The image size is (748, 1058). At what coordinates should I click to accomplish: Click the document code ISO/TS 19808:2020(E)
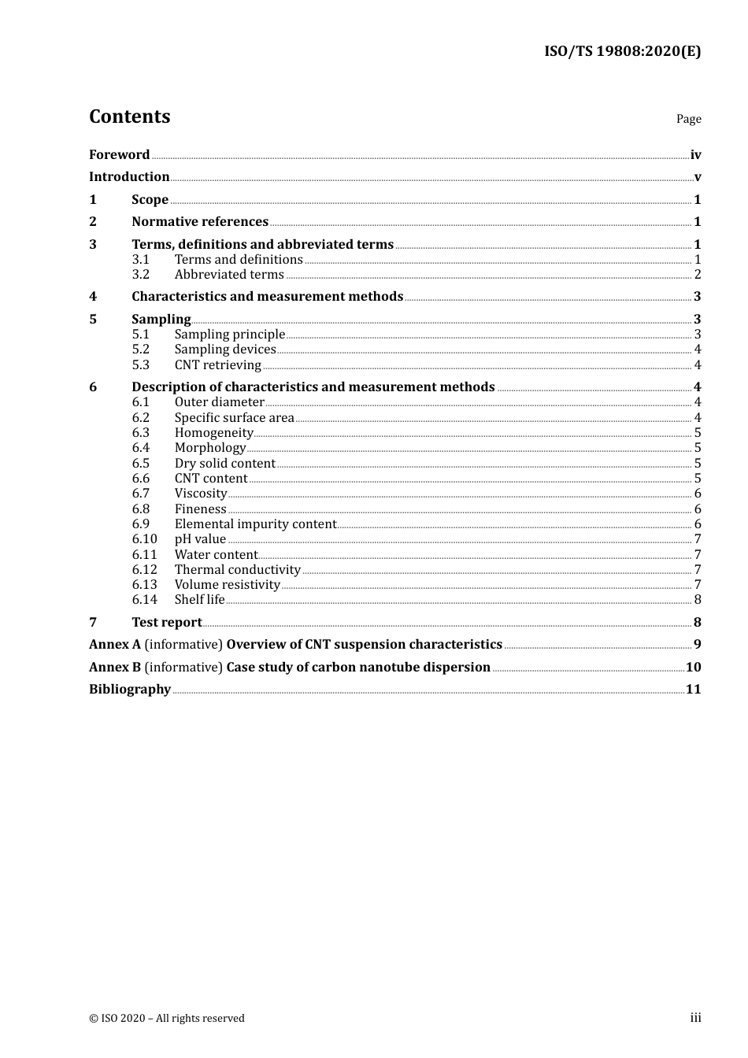[x=622, y=52]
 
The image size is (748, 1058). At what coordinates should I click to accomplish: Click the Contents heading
[x=129, y=117]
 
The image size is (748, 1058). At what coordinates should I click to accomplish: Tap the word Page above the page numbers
[x=688, y=119]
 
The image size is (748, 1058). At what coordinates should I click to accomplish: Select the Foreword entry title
[x=119, y=155]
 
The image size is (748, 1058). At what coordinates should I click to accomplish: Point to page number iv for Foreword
[x=695, y=155]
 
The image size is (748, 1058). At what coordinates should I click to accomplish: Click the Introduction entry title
[x=129, y=177]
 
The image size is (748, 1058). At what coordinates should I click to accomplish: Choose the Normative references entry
[x=200, y=222]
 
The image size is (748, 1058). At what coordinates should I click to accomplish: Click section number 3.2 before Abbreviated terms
[x=141, y=275]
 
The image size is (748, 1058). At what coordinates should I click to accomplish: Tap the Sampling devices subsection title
[x=225, y=350]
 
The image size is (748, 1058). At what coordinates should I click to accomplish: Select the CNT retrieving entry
[x=217, y=365]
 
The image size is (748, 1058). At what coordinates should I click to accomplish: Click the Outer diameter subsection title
[x=219, y=402]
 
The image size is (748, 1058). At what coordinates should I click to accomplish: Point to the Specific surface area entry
[x=234, y=418]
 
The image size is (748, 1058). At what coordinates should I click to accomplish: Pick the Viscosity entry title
[x=201, y=494]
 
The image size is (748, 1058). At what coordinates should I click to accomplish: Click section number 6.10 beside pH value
[x=144, y=539]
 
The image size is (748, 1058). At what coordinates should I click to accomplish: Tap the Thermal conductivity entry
[x=237, y=570]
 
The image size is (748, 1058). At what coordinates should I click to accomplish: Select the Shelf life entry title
[x=199, y=600]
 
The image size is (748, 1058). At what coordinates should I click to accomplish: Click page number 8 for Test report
[x=698, y=623]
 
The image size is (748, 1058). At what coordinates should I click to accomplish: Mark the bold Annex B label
[x=115, y=668]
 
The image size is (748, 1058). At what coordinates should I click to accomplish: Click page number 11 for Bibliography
[x=693, y=690]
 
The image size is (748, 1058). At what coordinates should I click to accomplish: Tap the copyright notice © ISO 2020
[x=166, y=1019]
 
